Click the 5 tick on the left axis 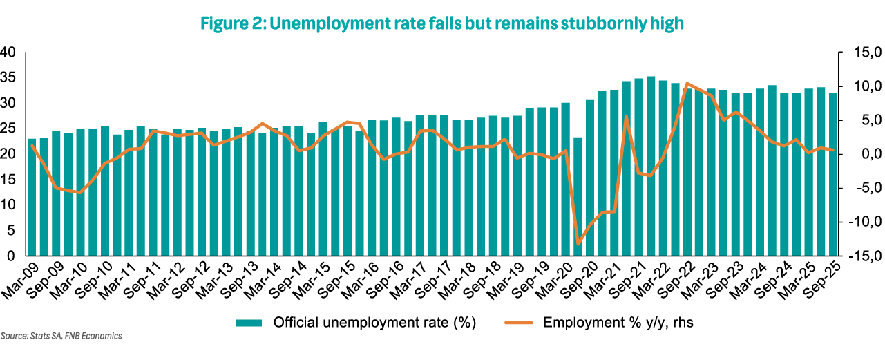[x=11, y=231]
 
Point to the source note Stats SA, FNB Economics [x=61, y=337]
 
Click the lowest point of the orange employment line [x=578, y=243]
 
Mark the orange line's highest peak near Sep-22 [x=687, y=84]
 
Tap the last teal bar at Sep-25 [x=832, y=174]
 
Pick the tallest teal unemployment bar [x=651, y=166]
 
